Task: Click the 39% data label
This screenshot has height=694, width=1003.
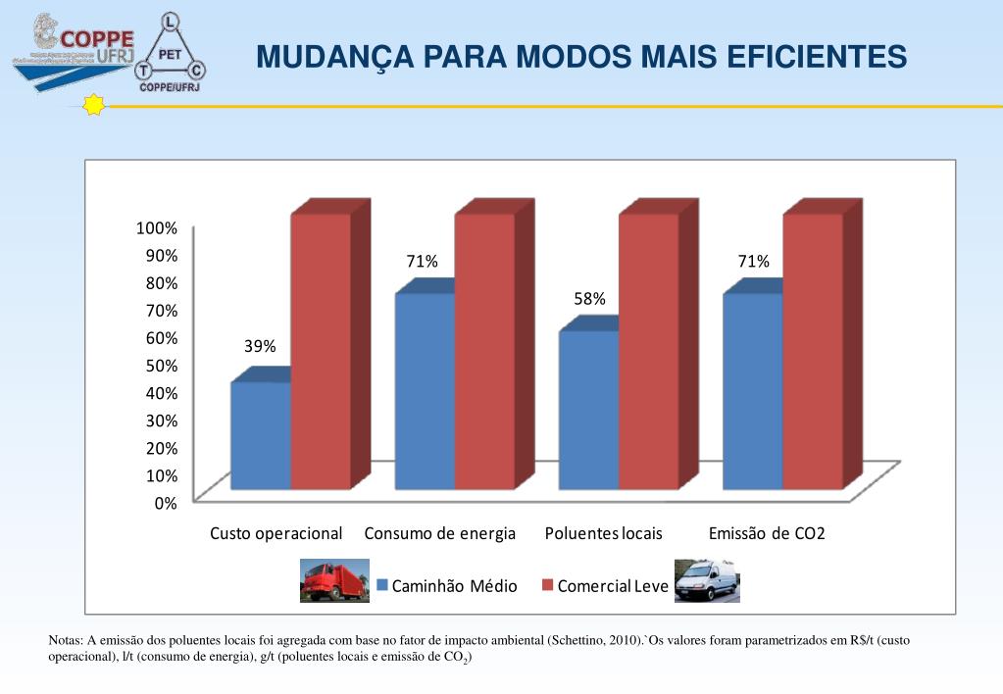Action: pos(260,346)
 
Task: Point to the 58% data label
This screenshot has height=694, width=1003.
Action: pos(589,299)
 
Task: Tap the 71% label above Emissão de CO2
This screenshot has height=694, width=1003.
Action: pos(754,262)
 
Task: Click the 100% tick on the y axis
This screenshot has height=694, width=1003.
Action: pos(157,228)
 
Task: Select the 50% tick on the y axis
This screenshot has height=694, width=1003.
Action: pos(160,366)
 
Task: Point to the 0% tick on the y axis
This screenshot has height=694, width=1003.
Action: pos(165,503)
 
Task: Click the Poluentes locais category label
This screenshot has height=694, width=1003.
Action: pos(604,534)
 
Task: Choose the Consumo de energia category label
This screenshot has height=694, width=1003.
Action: pos(439,534)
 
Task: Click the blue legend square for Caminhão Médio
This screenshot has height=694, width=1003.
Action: pos(383,585)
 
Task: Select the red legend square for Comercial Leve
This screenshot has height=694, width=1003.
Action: pos(548,585)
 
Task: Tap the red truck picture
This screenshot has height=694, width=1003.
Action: pos(333,580)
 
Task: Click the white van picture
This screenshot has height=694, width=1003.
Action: pos(707,580)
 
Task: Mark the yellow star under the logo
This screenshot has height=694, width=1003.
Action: pos(94,105)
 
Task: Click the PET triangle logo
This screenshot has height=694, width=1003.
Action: pos(171,54)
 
